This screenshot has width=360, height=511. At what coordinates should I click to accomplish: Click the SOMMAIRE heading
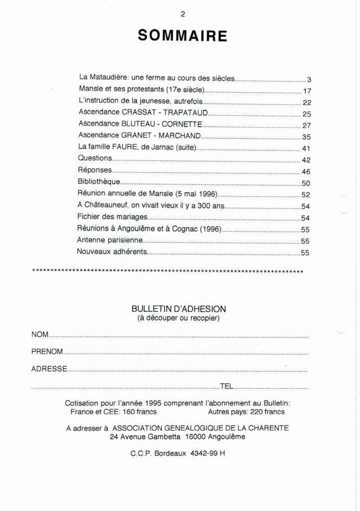coord(182,36)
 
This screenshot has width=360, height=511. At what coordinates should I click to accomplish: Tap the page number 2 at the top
coord(183,13)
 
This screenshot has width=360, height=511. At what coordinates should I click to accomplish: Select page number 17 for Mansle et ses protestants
coord(307,91)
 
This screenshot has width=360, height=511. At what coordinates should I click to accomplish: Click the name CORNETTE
coord(182,124)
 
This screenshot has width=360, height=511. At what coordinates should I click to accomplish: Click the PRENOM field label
coord(47,352)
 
